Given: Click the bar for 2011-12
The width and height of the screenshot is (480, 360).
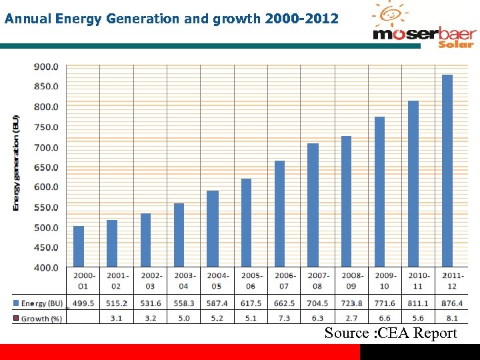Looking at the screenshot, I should pyautogui.click(x=447, y=171).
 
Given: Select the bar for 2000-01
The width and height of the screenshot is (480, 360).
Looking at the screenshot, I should pyautogui.click(x=79, y=247).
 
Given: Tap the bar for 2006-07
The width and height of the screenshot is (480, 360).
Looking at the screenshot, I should pyautogui.click(x=279, y=213).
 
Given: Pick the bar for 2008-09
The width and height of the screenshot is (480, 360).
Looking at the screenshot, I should pyautogui.click(x=347, y=201).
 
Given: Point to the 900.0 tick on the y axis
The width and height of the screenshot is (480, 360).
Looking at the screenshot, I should pyautogui.click(x=46, y=67).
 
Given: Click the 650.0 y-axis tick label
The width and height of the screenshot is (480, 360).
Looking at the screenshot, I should pyautogui.click(x=46, y=167).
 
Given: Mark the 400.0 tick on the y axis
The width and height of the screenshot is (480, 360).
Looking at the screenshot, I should pyautogui.click(x=46, y=267).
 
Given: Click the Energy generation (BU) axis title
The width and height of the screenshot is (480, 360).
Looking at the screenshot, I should pyautogui.click(x=16, y=163).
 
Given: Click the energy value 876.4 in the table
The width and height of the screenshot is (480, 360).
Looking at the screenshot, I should pyautogui.click(x=451, y=303).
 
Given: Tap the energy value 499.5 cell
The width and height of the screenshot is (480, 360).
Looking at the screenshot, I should pyautogui.click(x=83, y=303).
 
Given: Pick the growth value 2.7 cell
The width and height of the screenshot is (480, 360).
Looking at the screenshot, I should pyautogui.click(x=351, y=319).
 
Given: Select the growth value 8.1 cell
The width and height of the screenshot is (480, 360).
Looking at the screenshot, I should pyautogui.click(x=451, y=319).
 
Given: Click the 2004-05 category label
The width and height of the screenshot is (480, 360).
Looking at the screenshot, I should pyautogui.click(x=217, y=281).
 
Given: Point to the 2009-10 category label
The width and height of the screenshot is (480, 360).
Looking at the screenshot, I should pyautogui.click(x=384, y=281).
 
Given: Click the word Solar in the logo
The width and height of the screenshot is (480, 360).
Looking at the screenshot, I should pyautogui.click(x=455, y=44).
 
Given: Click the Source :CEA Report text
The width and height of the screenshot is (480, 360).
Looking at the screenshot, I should pyautogui.click(x=391, y=333).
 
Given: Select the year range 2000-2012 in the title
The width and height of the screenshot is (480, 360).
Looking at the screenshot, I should pyautogui.click(x=301, y=18).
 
